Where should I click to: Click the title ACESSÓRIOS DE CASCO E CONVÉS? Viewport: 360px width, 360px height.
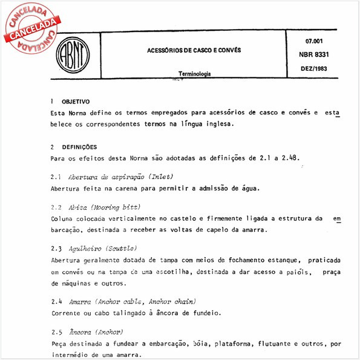tap(194, 50)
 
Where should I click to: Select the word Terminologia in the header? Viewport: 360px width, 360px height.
tap(194, 74)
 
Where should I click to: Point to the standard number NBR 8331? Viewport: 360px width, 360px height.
tap(314, 54)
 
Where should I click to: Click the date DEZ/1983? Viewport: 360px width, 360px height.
tap(314, 69)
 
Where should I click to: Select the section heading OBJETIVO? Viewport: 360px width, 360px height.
tap(76, 102)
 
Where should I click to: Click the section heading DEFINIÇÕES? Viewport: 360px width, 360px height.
tap(79, 147)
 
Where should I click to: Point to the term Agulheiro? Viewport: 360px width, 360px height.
tap(85, 249)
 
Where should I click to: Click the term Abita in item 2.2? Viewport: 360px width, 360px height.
tap(77, 207)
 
